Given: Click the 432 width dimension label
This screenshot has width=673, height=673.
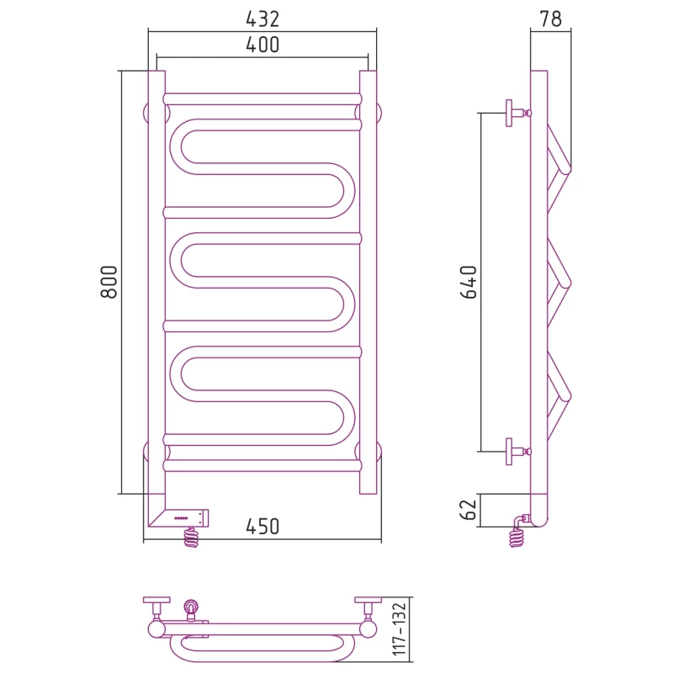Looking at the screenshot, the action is point(262,19).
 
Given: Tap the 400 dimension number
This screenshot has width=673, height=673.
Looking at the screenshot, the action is point(262,45).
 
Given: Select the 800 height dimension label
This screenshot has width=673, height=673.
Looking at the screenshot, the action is point(109,282).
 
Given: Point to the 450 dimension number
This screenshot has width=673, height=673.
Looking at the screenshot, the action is point(262,527).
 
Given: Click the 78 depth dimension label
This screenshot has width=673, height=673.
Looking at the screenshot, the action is point(550,19).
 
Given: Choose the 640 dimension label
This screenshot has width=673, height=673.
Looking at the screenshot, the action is point(469,282).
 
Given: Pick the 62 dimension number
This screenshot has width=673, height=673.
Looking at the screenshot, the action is point(469,510).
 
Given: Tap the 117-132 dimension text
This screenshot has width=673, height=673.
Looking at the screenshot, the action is point(399,629).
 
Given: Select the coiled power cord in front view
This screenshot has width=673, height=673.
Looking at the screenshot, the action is point(192,538).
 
